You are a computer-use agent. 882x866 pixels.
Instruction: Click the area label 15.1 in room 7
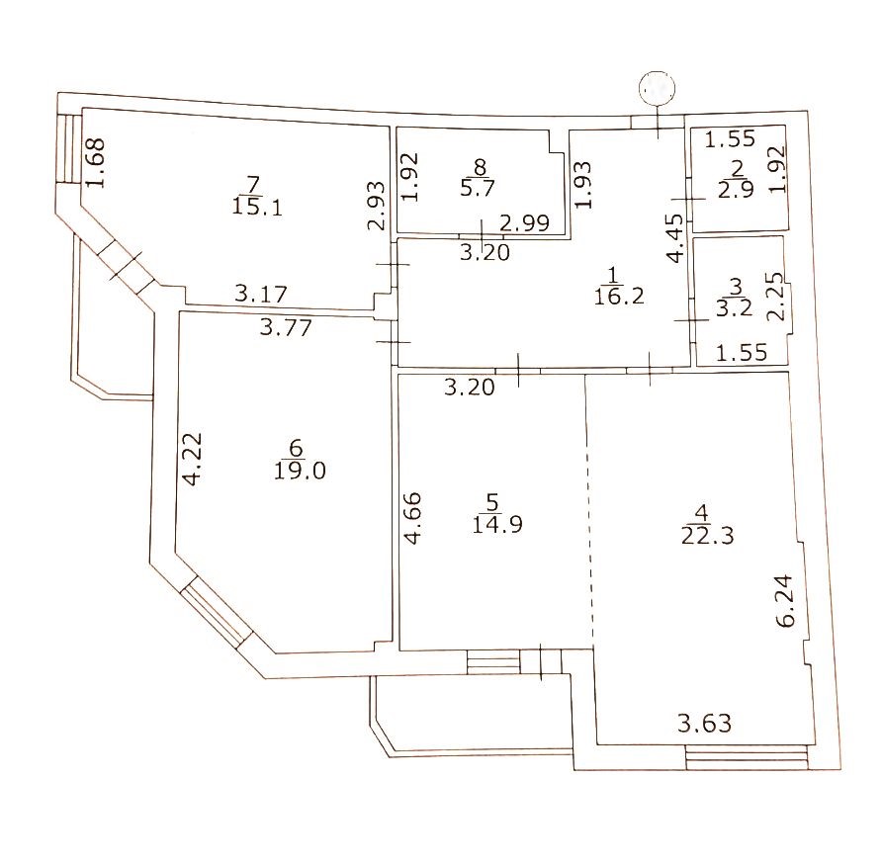pos(257,208)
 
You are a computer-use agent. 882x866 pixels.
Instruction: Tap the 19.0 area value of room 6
pos(300,471)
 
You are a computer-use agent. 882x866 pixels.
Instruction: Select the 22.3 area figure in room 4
pos(707,536)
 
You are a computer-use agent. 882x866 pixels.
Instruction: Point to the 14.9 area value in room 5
pos(497,524)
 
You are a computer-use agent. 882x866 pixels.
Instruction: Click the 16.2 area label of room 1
pos(619,296)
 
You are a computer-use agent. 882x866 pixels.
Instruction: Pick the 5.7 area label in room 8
pos(478,187)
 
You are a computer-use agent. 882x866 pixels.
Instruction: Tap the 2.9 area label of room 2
pos(736,190)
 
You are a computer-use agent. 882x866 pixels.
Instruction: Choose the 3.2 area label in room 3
pos(734,307)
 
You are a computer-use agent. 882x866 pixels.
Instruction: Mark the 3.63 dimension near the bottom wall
pos(705,724)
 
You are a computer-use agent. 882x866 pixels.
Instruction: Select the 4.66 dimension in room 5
pos(413,518)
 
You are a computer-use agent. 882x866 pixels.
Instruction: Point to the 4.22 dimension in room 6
pos(193,459)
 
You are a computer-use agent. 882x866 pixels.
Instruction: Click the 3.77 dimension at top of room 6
pos(286,326)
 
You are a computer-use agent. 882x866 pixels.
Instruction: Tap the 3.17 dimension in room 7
pos(261,293)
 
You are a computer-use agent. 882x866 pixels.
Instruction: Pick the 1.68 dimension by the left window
pos(96,163)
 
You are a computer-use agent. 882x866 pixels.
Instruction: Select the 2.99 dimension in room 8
pos(525,223)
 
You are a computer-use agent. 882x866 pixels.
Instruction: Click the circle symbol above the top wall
pos(657,88)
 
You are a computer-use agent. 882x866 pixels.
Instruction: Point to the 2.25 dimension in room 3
pos(775,296)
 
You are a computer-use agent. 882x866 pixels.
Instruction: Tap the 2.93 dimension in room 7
pos(377,206)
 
